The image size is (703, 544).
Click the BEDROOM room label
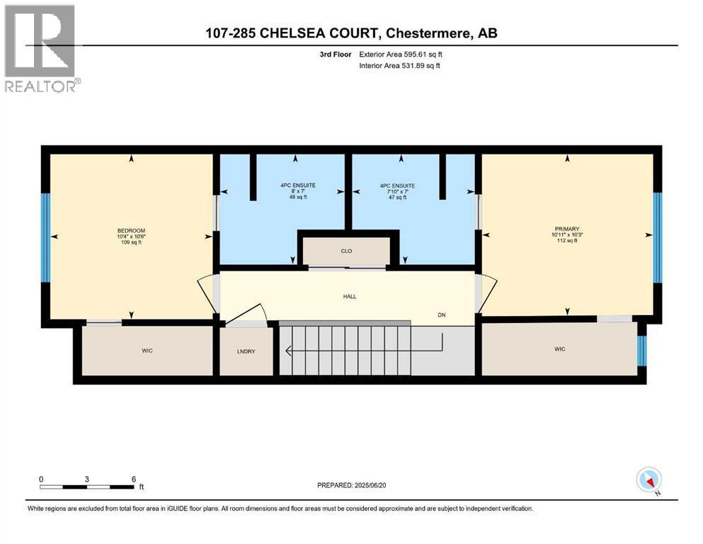click(x=131, y=230)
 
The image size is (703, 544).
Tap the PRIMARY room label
click(x=566, y=229)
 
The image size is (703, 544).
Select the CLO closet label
click(x=346, y=251)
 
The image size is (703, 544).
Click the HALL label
click(x=348, y=296)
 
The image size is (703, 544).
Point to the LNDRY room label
click(x=246, y=349)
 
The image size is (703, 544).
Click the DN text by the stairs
click(x=442, y=315)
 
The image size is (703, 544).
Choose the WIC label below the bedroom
click(x=147, y=349)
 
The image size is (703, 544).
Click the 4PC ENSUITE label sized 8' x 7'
click(x=297, y=186)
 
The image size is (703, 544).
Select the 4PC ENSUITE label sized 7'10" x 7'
click(x=397, y=186)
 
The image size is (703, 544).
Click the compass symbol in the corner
click(x=648, y=480)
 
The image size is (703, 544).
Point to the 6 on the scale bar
click(x=134, y=479)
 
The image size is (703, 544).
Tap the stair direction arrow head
click(x=287, y=349)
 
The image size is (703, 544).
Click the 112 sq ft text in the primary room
click(x=566, y=241)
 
